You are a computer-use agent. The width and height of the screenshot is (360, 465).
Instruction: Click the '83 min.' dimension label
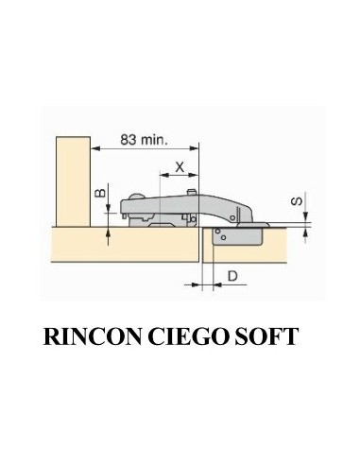(142, 138)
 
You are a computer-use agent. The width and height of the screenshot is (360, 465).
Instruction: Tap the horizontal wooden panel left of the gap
(113, 246)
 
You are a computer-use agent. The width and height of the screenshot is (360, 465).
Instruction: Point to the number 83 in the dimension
(129, 138)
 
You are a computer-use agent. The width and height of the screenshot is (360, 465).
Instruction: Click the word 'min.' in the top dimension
(154, 138)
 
